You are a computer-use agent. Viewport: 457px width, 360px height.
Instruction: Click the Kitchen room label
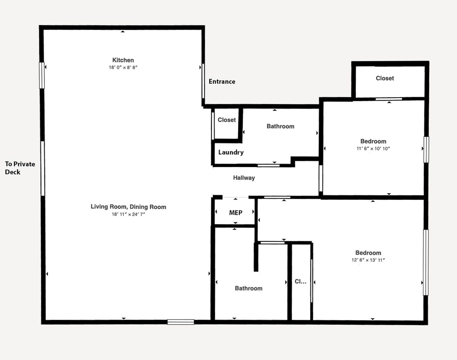pos(123,60)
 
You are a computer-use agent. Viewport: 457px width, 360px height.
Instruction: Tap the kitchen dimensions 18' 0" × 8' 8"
pos(123,67)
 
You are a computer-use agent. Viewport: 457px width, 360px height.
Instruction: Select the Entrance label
pos(222,81)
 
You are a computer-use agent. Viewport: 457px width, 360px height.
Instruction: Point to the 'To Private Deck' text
pos(20,168)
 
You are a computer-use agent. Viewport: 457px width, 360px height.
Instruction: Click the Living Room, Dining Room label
pos(128,207)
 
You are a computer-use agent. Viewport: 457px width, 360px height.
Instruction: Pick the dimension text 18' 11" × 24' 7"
pos(128,214)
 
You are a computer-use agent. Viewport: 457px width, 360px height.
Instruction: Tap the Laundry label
pos(231,153)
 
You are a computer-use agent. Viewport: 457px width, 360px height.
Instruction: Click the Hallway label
pos(244,178)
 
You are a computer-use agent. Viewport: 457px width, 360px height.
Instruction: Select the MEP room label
pos(236,213)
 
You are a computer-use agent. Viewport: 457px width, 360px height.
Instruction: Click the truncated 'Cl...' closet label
pos(301,281)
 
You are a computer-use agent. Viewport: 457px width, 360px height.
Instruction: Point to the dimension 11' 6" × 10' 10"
pos(373,148)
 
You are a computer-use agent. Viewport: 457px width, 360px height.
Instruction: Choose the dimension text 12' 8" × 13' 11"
pos(368,260)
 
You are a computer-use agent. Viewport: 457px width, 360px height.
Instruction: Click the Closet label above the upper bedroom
pos(385,78)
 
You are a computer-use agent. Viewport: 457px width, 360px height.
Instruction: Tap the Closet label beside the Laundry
pos(227,120)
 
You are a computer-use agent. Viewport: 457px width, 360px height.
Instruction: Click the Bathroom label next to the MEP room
pos(248,288)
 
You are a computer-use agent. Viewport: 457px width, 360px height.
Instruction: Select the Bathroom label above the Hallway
pos(280,126)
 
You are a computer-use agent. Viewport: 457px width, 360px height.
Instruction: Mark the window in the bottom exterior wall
pos(181,322)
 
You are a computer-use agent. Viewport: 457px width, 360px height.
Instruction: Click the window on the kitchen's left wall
pos(42,75)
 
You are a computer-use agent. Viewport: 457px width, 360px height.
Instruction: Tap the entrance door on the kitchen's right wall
pos(203,81)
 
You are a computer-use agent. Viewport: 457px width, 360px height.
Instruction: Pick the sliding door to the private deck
pos(43,168)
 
